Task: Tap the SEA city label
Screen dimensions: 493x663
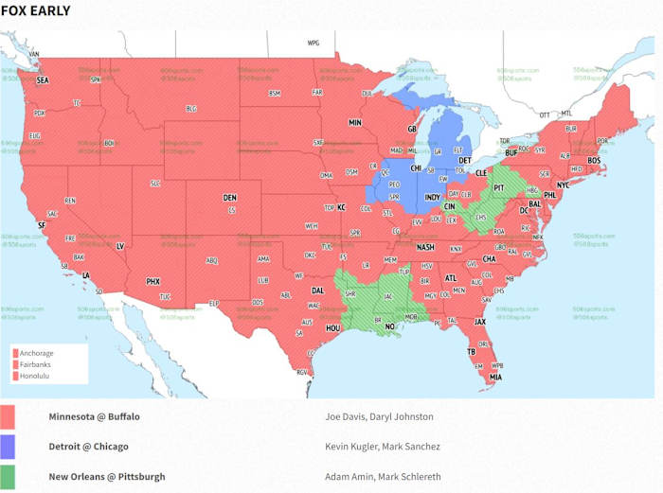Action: pyautogui.click(x=43, y=81)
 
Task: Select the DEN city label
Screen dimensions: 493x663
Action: pyautogui.click(x=229, y=198)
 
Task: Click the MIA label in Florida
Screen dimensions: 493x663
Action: pyautogui.click(x=495, y=378)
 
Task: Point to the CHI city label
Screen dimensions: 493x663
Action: pyautogui.click(x=416, y=167)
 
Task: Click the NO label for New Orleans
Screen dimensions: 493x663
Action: pyautogui.click(x=389, y=326)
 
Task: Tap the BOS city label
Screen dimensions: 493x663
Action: pyautogui.click(x=595, y=161)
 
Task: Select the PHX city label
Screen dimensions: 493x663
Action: pyautogui.click(x=152, y=281)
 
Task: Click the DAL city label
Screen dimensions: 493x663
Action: pyautogui.click(x=317, y=291)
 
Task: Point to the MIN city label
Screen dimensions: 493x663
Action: pyautogui.click(x=355, y=123)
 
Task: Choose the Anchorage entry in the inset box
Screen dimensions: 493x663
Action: pyautogui.click(x=36, y=353)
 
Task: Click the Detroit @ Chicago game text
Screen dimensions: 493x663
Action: pyautogui.click(x=88, y=447)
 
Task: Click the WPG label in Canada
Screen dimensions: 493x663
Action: pyautogui.click(x=314, y=44)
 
